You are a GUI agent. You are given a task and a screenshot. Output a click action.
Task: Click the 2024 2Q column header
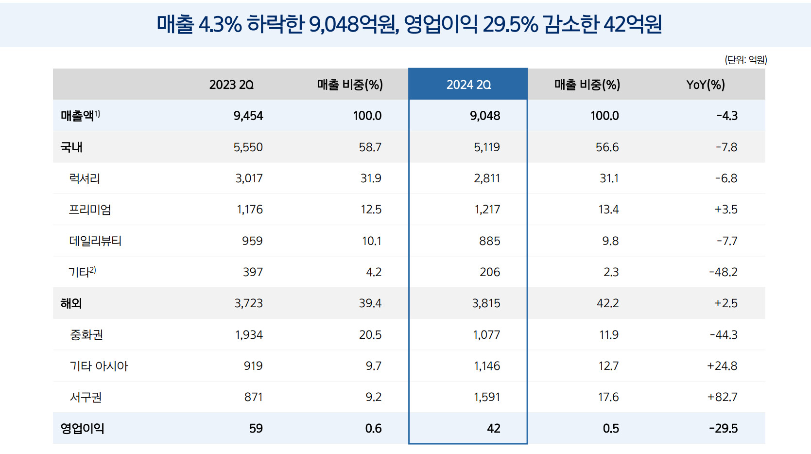(468, 85)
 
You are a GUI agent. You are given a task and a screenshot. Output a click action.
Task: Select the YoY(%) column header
(705, 85)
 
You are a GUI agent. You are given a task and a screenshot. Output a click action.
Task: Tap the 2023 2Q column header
(231, 85)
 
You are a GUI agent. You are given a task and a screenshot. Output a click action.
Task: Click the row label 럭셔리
(85, 178)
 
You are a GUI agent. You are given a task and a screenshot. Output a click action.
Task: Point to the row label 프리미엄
(90, 210)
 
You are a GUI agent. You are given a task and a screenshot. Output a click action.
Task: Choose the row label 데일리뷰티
(95, 241)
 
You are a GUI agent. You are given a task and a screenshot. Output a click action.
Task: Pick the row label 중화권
(86, 334)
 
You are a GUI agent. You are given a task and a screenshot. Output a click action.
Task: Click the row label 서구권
(86, 397)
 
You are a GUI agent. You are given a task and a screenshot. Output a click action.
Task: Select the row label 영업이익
(82, 428)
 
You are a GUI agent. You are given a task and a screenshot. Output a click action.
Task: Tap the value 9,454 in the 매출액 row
(248, 116)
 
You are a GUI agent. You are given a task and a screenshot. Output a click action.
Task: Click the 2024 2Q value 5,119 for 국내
(486, 147)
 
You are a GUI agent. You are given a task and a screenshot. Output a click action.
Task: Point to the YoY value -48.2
(723, 272)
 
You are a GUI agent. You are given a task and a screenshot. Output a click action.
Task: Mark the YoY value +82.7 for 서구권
(722, 397)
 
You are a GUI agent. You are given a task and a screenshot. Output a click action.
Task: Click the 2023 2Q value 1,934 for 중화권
(249, 334)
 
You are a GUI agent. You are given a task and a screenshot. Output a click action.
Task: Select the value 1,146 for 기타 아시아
(487, 366)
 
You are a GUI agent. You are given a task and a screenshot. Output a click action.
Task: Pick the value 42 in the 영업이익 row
(493, 428)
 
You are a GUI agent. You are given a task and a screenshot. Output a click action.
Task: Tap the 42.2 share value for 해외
(607, 303)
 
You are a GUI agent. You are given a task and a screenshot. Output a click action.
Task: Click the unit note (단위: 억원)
(745, 60)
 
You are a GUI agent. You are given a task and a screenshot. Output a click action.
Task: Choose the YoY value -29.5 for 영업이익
(723, 428)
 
